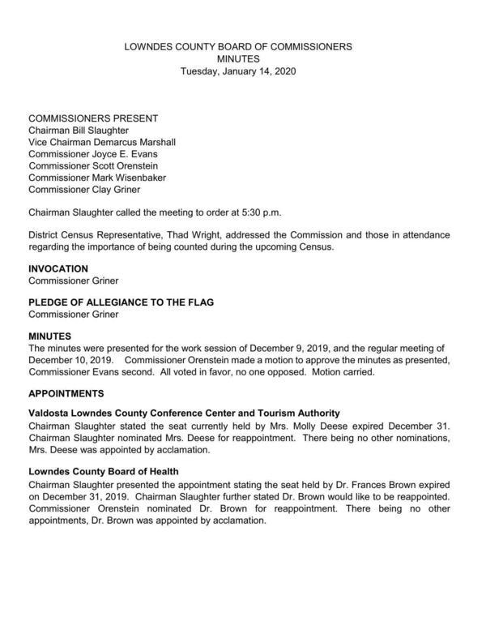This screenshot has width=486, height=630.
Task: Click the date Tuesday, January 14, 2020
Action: coord(237,72)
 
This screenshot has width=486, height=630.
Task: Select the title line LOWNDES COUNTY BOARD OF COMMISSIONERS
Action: coord(237,47)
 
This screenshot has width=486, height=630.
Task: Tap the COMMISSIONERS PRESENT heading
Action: coord(93,118)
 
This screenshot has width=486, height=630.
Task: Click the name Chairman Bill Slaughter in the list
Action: coord(78,131)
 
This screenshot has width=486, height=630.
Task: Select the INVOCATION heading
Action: coord(58,268)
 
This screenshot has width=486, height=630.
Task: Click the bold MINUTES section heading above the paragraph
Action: coord(50,335)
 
